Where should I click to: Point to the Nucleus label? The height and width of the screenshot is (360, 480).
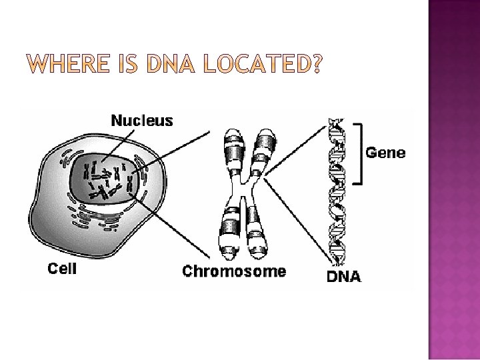(x=141, y=121)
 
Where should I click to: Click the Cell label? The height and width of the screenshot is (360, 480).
(x=62, y=269)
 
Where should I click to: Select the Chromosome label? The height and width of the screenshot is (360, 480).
(x=234, y=271)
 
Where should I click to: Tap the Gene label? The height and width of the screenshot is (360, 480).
(x=386, y=153)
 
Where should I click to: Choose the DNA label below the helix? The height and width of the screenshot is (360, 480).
(x=343, y=276)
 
